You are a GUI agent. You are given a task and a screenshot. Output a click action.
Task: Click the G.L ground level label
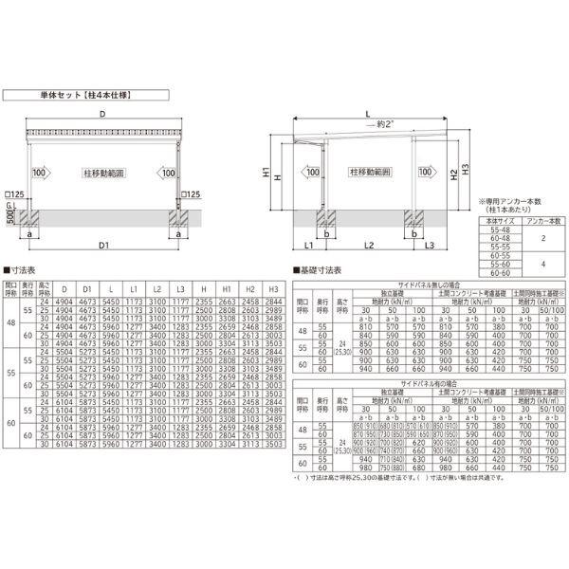click(x=10, y=205)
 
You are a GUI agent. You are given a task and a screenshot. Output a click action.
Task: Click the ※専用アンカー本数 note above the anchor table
click(x=515, y=201)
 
